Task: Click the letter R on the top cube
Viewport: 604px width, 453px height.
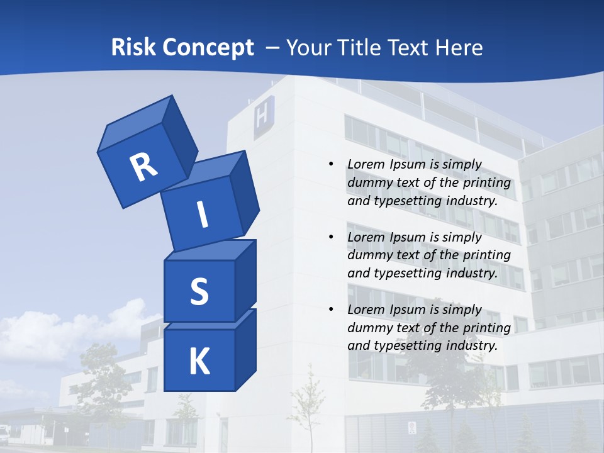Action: coord(143,167)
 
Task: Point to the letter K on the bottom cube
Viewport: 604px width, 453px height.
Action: coord(199,362)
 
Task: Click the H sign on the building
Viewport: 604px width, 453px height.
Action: coord(263,118)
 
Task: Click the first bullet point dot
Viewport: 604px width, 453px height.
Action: coord(331,164)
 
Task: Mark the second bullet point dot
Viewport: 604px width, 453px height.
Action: coord(331,237)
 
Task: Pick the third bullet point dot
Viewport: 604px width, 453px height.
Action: coord(331,310)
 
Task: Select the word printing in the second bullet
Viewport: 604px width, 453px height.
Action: coord(488,255)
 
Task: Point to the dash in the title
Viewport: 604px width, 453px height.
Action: coord(272,48)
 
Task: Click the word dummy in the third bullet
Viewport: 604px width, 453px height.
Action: coord(368,328)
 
